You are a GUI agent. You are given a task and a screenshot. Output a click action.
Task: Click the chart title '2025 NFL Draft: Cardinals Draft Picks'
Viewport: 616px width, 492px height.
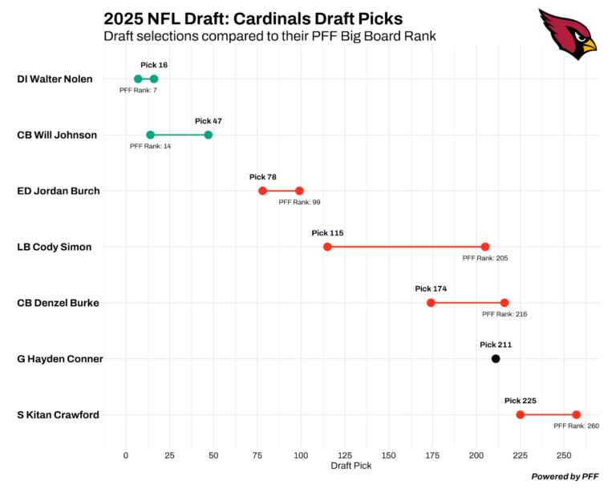(253, 18)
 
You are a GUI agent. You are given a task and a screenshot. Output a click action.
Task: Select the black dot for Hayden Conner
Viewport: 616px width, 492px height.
(496, 359)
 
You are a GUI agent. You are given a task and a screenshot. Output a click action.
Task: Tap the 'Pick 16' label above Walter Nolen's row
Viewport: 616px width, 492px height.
(154, 65)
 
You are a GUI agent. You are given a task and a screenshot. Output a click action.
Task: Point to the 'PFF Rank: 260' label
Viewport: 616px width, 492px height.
(576, 426)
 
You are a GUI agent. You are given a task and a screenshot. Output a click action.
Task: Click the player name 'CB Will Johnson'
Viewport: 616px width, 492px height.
(57, 135)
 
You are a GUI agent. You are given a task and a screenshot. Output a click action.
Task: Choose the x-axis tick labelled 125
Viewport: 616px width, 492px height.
(345, 455)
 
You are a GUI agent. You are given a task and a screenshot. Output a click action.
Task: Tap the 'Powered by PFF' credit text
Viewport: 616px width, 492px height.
(564, 477)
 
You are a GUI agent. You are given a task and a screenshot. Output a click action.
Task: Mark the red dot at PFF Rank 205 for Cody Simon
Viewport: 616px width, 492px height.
(485, 247)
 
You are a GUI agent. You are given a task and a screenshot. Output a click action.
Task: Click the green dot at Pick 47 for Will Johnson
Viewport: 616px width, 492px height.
(209, 135)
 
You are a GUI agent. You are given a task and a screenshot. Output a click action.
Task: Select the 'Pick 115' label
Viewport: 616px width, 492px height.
(327, 233)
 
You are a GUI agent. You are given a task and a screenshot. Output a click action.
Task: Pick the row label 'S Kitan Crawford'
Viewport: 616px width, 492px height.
(58, 415)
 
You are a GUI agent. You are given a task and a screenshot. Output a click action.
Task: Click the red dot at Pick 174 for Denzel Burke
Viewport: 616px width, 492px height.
(431, 303)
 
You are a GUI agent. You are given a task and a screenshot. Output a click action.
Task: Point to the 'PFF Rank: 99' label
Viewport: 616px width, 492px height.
(299, 203)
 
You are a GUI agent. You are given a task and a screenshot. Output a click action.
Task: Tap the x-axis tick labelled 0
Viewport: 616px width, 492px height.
(126, 455)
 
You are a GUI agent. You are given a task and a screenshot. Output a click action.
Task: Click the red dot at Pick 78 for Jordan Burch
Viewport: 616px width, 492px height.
(262, 191)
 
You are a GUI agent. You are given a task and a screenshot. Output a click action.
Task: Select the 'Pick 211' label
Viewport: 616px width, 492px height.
(496, 345)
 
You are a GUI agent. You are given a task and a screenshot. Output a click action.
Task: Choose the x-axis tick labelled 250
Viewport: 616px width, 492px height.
(564, 455)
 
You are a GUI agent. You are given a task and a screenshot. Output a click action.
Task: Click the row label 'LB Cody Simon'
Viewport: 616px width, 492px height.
(54, 248)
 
